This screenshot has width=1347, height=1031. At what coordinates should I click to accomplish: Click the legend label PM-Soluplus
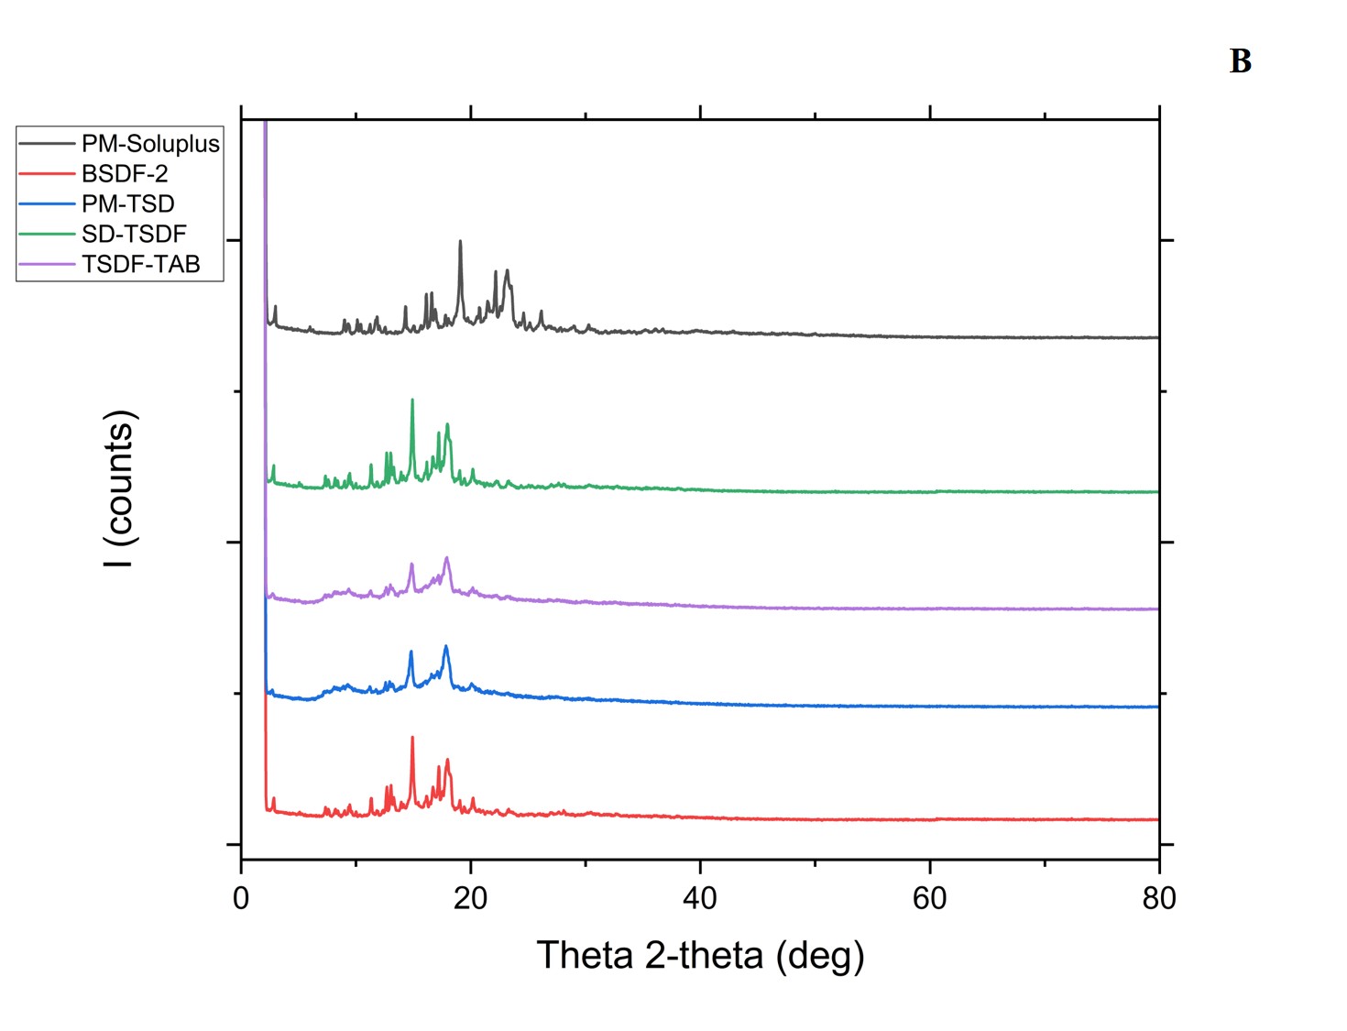[x=150, y=144]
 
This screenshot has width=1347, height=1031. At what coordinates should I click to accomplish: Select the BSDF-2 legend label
[x=125, y=174]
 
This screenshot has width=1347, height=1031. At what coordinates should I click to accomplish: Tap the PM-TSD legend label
[x=127, y=204]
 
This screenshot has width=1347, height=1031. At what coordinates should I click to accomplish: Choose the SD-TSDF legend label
[x=134, y=235]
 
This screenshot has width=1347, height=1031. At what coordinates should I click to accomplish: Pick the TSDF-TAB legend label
[x=140, y=265]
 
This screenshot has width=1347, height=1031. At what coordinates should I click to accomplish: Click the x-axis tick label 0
[x=241, y=899]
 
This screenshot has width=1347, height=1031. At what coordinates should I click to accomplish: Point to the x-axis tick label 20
[x=470, y=899]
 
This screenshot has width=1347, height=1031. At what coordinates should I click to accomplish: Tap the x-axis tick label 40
[x=700, y=899]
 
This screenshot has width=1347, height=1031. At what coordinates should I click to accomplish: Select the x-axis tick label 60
[x=929, y=899]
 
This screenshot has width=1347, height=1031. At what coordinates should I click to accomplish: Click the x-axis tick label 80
[x=1159, y=899]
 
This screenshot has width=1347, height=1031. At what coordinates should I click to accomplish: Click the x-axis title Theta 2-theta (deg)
[x=700, y=956]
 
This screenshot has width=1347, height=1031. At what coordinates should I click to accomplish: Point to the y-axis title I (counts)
[x=120, y=488]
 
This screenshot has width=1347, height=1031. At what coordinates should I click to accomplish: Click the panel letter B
[x=1240, y=61]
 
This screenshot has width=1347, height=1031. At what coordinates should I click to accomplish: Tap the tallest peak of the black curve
[x=460, y=242]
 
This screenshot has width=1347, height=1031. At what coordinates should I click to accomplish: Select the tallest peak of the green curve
[x=412, y=400]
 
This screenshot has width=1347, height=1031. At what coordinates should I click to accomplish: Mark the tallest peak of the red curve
[x=412, y=738]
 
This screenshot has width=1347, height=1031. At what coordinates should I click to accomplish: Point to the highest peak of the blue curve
[x=446, y=647]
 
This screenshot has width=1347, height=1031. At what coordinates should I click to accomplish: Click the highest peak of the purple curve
[x=447, y=558]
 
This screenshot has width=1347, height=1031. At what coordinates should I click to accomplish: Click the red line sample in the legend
[x=47, y=174]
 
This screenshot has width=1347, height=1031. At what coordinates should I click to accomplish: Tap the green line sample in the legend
[x=47, y=235]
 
